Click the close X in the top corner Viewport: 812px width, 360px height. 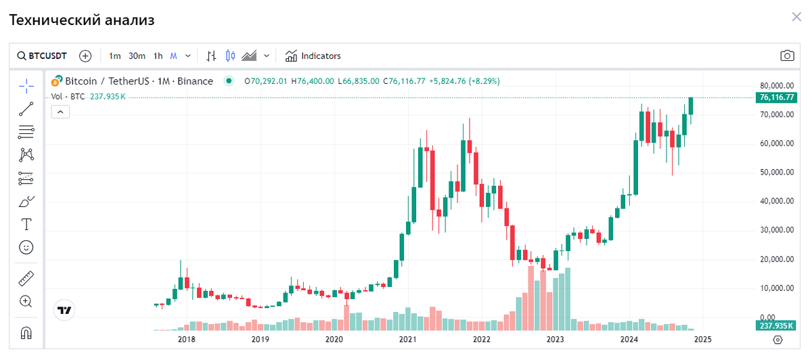tap(796, 17)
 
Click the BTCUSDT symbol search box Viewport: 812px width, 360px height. tap(42, 56)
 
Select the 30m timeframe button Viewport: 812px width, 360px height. tap(137, 56)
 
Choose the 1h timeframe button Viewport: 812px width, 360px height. tap(158, 56)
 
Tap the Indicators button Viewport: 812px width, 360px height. tap(313, 56)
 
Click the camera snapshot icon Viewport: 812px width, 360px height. tap(786, 56)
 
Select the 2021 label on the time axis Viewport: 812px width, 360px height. tap(407, 339)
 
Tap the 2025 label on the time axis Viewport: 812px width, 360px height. tap(702, 339)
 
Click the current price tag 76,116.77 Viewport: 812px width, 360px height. tap(777, 97)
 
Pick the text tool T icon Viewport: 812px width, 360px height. tap(26, 224)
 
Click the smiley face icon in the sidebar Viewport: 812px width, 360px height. tap(26, 248)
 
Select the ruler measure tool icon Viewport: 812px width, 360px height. tap(26, 278)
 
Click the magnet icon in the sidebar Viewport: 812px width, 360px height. tap(26, 333)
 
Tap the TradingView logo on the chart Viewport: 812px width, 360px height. tap(64, 311)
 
